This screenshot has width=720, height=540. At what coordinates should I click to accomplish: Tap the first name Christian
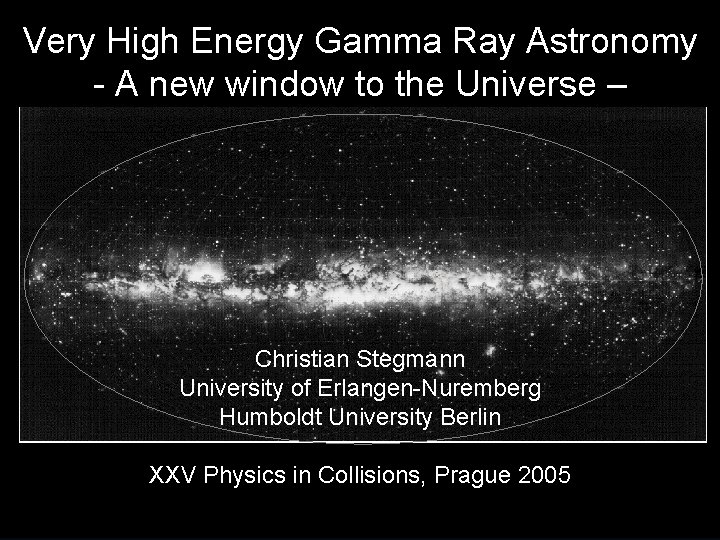pyautogui.click(x=298, y=358)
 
